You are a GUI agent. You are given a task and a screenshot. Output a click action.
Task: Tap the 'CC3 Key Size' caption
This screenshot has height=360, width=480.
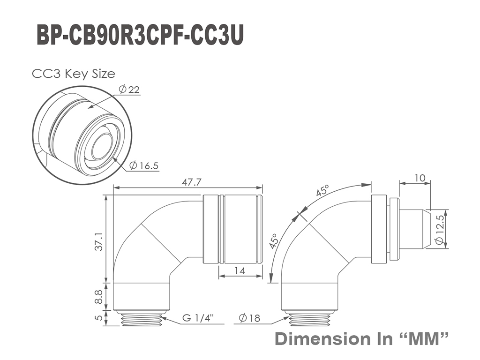(x=74, y=74)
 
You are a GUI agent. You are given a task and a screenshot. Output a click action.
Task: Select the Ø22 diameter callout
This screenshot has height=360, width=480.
(x=129, y=90)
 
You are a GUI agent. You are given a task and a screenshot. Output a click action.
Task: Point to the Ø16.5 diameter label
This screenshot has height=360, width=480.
(x=144, y=165)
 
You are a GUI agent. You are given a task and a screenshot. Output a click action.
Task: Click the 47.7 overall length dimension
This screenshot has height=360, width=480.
(x=191, y=182)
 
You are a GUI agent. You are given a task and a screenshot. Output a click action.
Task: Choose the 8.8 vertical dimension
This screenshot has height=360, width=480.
(x=98, y=297)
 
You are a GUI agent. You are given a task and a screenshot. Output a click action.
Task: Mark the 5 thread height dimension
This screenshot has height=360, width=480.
(x=98, y=318)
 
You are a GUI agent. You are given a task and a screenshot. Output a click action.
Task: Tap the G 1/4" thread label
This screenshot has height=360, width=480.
(x=198, y=318)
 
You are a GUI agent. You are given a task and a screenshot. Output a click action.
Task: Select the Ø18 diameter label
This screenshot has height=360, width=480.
(x=250, y=318)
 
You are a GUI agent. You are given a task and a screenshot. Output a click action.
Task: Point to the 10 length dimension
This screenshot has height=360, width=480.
(x=420, y=178)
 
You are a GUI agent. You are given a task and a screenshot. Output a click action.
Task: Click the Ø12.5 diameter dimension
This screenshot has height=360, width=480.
(x=440, y=230)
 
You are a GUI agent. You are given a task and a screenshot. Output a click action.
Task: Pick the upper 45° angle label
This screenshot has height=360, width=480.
(x=322, y=191)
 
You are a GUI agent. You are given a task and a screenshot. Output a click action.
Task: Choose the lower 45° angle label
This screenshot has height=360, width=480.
(x=274, y=241)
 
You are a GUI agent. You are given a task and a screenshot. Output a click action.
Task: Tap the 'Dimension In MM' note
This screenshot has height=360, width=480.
(x=361, y=338)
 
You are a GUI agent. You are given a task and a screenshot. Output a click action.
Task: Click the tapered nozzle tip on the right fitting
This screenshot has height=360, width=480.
(x=427, y=229)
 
